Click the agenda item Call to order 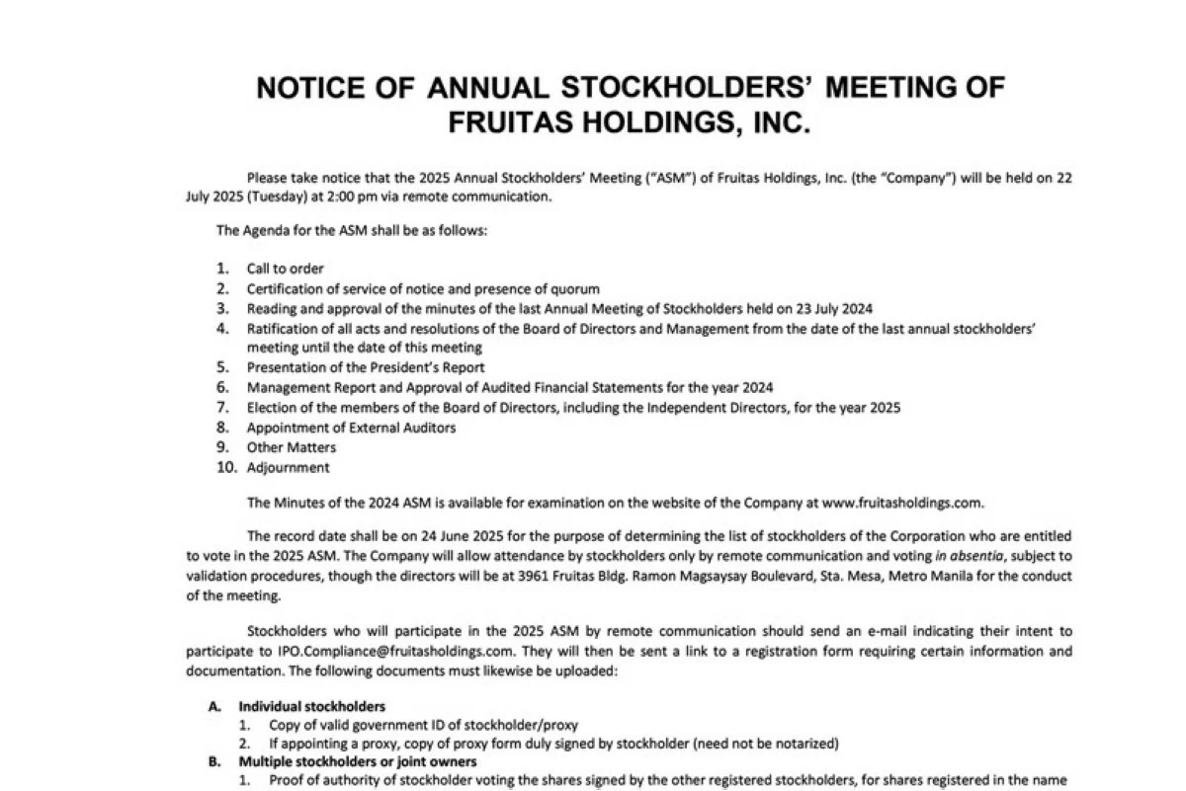(x=285, y=269)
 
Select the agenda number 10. (x=227, y=468)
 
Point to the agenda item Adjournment (x=288, y=468)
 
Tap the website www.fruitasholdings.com (x=902, y=503)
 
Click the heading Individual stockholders (x=311, y=706)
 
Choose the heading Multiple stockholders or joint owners (x=357, y=762)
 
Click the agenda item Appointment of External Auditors (x=351, y=428)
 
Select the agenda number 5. (x=224, y=367)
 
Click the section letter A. (x=212, y=706)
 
